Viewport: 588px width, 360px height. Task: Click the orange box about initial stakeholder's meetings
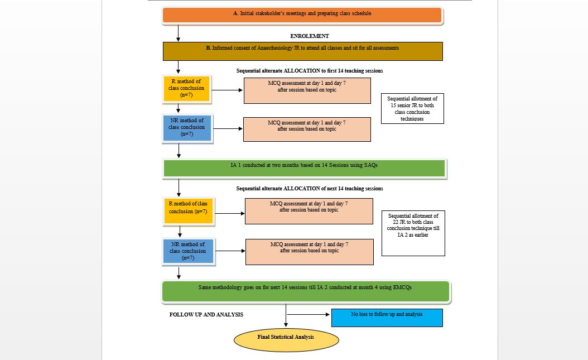point(302,16)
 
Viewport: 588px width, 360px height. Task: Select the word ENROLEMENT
point(310,36)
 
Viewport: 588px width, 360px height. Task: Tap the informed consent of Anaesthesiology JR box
point(302,51)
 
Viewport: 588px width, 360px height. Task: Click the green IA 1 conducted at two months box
point(304,169)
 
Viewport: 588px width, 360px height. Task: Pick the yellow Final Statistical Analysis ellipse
point(286,340)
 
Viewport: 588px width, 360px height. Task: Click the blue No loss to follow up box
point(387,318)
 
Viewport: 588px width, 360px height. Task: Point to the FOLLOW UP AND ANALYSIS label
point(206,315)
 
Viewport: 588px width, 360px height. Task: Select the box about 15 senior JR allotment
point(412,109)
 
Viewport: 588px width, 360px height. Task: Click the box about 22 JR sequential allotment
point(413,233)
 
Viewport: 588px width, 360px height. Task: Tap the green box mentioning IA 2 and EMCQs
point(306,291)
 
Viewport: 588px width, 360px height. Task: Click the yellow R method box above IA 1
point(187,89)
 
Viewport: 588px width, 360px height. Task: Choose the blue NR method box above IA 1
point(187,128)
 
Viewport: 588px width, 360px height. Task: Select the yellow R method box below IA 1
point(188,211)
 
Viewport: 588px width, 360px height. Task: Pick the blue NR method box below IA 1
point(188,251)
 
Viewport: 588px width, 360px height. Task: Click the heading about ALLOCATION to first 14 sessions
point(310,70)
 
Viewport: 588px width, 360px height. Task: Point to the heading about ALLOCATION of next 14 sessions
point(310,188)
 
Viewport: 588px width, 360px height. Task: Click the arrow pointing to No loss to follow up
point(308,314)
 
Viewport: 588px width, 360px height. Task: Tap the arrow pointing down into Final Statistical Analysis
point(286,315)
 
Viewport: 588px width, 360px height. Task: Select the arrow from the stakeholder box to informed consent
point(178,33)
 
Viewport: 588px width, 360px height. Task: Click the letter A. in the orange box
point(235,13)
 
